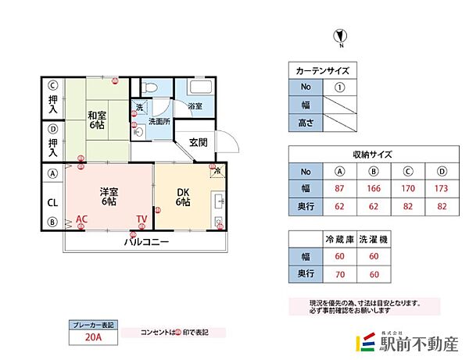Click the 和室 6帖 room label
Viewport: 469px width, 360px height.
click(x=97, y=120)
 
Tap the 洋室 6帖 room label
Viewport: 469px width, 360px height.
click(x=109, y=196)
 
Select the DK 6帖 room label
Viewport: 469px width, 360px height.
click(x=182, y=197)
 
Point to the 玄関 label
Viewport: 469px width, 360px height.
click(x=198, y=142)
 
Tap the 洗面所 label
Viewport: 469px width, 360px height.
click(x=159, y=121)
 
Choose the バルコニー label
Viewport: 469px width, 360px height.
click(x=146, y=242)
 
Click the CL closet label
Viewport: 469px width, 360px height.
click(x=52, y=202)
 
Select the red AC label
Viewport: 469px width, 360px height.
click(x=81, y=219)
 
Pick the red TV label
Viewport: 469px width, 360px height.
click(x=141, y=219)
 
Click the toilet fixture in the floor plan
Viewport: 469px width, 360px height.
click(x=153, y=87)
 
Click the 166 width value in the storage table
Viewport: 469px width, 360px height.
click(x=374, y=188)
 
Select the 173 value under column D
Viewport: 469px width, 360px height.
click(x=442, y=188)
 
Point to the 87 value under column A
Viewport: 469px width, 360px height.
click(x=339, y=188)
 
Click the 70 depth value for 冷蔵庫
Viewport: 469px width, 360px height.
click(x=339, y=274)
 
